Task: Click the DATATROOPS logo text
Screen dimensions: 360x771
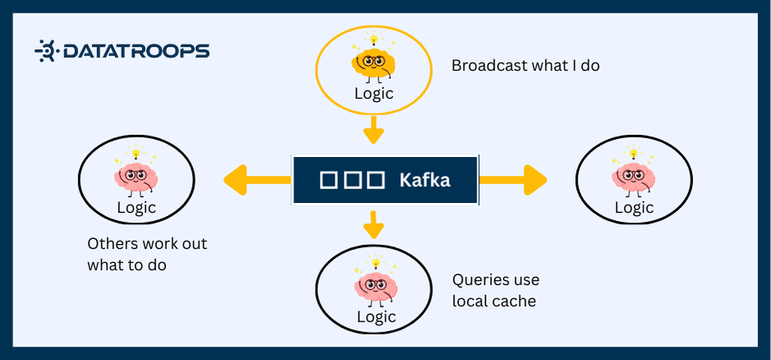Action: tap(136, 51)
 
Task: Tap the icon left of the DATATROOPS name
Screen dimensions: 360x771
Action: tap(45, 51)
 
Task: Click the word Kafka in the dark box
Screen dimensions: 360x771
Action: tap(424, 179)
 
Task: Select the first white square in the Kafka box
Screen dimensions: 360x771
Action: tap(328, 180)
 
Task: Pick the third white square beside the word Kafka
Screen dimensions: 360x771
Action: tap(376, 180)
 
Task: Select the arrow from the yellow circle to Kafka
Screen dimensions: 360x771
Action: tap(374, 130)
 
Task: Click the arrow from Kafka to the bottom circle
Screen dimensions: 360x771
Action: tap(374, 224)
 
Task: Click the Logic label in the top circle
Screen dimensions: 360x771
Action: tap(374, 93)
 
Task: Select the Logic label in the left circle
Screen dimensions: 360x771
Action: tap(136, 207)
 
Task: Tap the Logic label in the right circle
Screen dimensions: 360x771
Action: tap(634, 207)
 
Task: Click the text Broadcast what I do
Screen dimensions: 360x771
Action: tap(525, 65)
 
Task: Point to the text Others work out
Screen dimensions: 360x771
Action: tap(147, 244)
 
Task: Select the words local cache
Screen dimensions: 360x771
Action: tap(494, 301)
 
